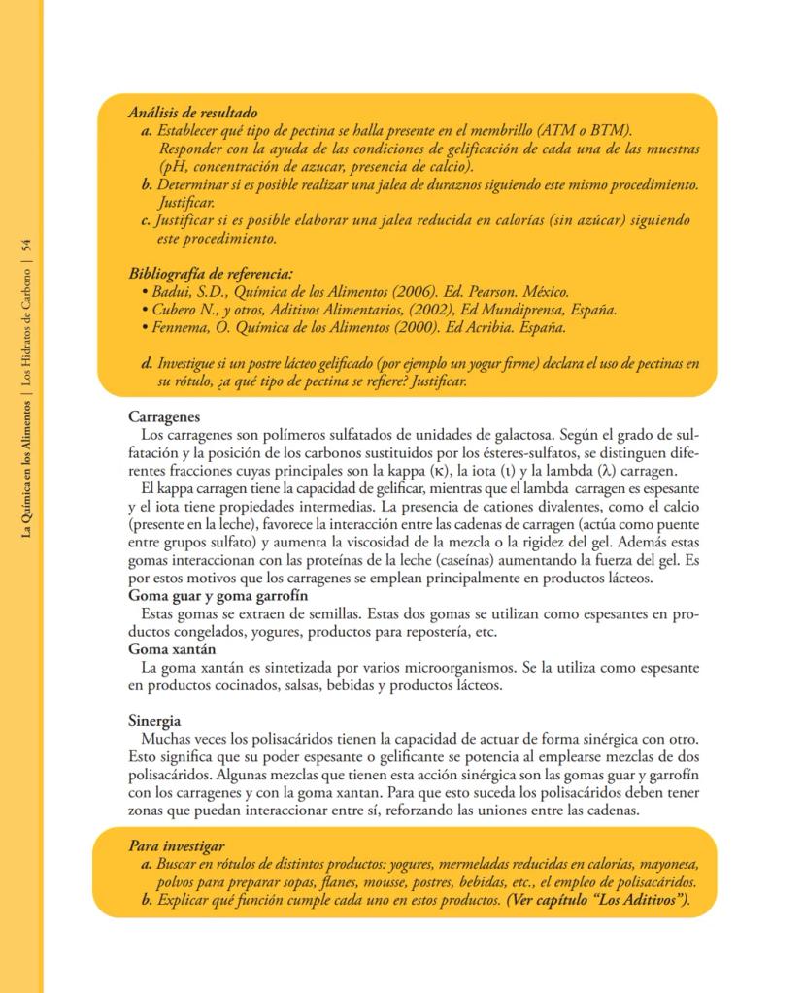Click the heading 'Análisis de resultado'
(x=192, y=114)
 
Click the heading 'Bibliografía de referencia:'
(x=211, y=274)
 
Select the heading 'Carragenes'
(x=164, y=415)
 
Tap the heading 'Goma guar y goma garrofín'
(x=218, y=596)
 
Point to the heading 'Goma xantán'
(x=172, y=648)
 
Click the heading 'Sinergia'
(x=155, y=722)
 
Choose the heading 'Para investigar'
(x=177, y=846)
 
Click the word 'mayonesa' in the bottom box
(x=667, y=864)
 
